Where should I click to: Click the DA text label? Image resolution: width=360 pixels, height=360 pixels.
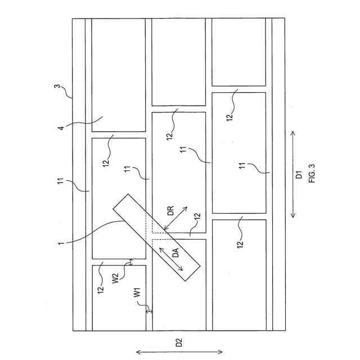coord(175,254)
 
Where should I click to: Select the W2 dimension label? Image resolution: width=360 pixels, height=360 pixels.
coord(116,277)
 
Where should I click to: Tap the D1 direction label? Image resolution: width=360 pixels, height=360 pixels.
coord(300,175)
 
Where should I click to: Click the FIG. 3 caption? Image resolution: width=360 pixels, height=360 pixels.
coord(312,175)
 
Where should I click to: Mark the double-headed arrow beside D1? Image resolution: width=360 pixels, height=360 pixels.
coord(293,175)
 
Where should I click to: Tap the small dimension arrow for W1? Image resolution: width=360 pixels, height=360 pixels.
coord(148,310)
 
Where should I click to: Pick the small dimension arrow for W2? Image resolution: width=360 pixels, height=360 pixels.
coord(131,262)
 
